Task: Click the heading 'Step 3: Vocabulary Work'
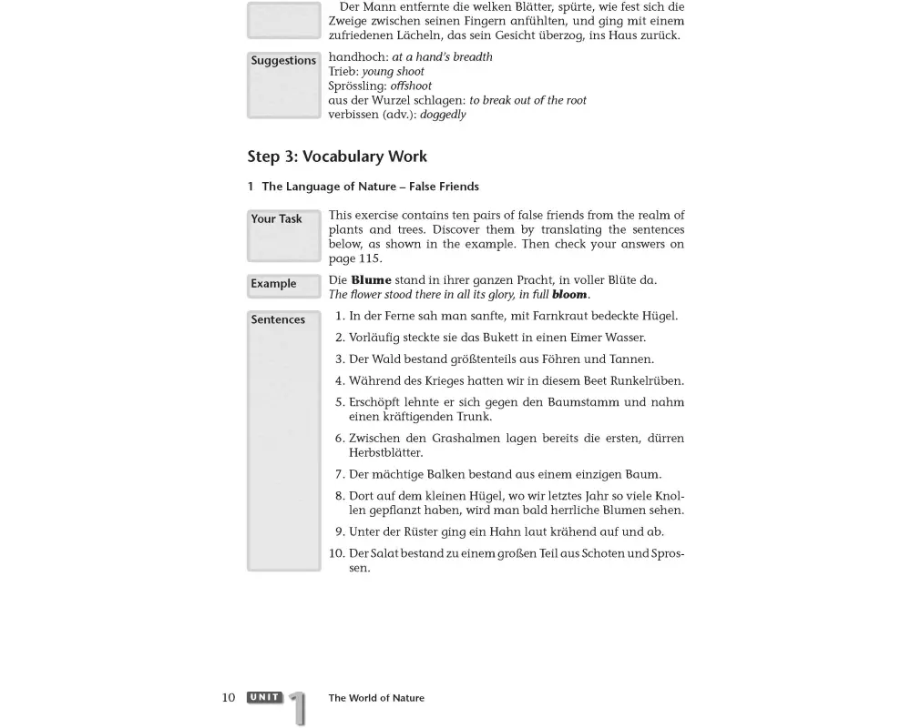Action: pyautogui.click(x=337, y=157)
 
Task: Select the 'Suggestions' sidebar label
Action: pyautogui.click(x=283, y=61)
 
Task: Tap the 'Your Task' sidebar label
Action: pyautogui.click(x=276, y=219)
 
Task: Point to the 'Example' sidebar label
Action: pyautogui.click(x=273, y=284)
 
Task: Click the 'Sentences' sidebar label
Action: pyautogui.click(x=278, y=320)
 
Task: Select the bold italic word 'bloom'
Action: pyautogui.click(x=569, y=295)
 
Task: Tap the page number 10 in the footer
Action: pyautogui.click(x=229, y=698)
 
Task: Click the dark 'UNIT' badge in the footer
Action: pyautogui.click(x=264, y=698)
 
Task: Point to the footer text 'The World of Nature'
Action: pyautogui.click(x=376, y=699)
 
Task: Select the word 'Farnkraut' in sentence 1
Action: pyautogui.click(x=558, y=317)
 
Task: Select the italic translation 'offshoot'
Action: pyautogui.click(x=411, y=86)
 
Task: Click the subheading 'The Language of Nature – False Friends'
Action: pyautogui.click(x=370, y=187)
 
